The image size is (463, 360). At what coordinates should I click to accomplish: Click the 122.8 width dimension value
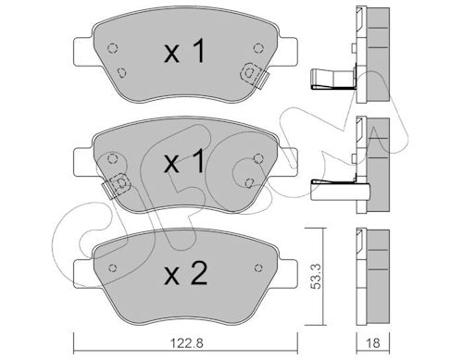pyautogui.click(x=187, y=342)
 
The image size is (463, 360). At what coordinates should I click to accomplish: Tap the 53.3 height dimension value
pyautogui.click(x=316, y=277)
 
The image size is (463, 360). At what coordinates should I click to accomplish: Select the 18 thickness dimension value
pyautogui.click(x=373, y=342)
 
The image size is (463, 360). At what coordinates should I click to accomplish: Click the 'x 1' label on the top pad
pyautogui.click(x=184, y=52)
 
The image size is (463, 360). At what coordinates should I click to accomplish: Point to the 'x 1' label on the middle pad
pyautogui.click(x=184, y=161)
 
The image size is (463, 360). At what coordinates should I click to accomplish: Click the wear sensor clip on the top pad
pyautogui.click(x=255, y=76)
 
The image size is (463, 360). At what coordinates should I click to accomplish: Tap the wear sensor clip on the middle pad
pyautogui.click(x=117, y=185)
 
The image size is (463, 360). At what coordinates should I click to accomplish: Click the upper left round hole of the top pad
pyautogui.click(x=113, y=48)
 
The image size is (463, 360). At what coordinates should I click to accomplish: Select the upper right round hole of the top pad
pyautogui.click(x=258, y=48)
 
